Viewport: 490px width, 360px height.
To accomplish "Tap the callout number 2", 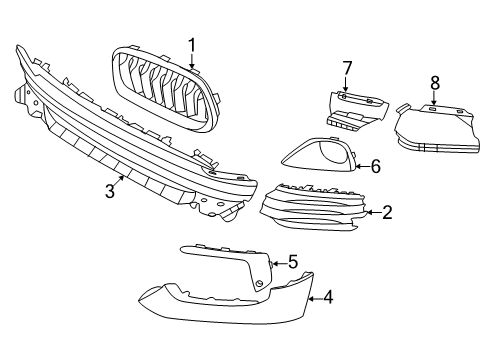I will point(387,211).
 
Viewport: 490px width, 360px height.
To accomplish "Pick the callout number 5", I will point(293,262).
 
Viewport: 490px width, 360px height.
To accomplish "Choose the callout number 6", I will point(376,166).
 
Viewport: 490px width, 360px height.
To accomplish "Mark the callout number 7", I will point(347,68).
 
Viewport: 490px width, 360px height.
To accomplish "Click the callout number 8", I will point(435,81).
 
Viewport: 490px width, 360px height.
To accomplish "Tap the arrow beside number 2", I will point(371,211).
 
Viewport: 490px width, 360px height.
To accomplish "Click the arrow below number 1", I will point(191,61).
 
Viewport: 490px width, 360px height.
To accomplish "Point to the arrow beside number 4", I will point(313,297).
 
